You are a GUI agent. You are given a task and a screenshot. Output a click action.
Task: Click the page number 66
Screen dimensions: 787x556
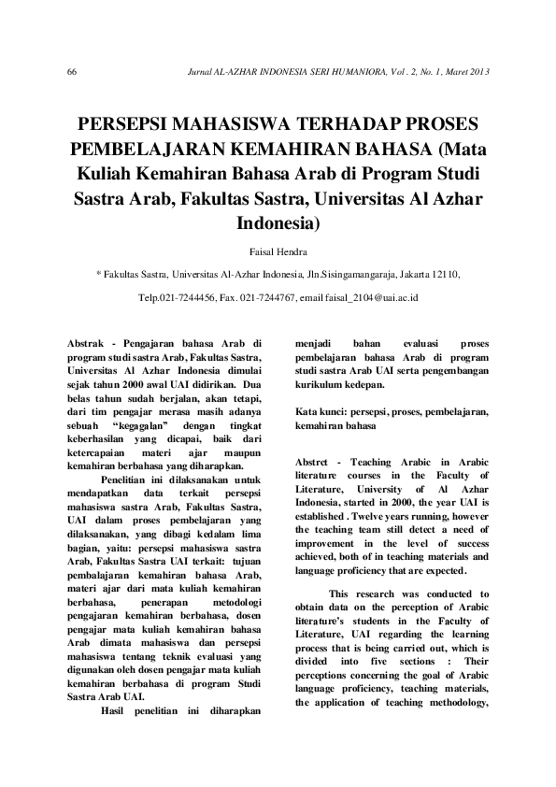click(x=72, y=73)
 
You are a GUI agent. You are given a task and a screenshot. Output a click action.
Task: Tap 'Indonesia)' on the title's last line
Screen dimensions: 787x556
click(x=278, y=223)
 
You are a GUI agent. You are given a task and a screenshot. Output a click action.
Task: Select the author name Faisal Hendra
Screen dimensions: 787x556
click(x=278, y=252)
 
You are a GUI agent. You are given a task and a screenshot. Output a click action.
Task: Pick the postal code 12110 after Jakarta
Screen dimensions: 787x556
click(x=444, y=275)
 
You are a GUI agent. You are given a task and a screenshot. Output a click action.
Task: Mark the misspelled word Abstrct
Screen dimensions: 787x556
click(x=315, y=462)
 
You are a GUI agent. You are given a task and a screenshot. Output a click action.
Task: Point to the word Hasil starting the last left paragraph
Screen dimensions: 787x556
click(x=117, y=708)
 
